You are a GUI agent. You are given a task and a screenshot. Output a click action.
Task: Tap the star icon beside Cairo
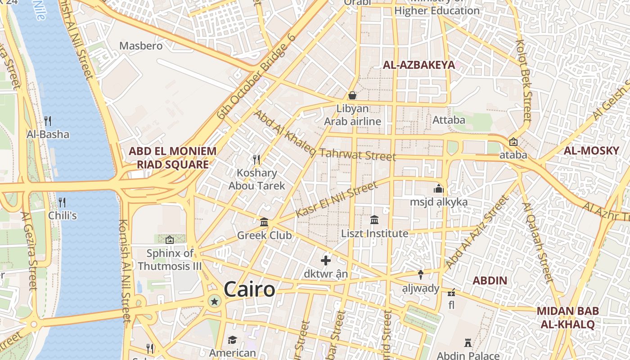(215, 301)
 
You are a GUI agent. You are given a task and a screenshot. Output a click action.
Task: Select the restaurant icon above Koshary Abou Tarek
(256, 159)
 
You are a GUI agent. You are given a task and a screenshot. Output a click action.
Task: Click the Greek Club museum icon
(264, 222)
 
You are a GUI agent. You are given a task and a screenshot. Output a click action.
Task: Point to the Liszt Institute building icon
(374, 220)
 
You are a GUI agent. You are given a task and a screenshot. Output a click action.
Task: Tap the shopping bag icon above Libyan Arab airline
(352, 95)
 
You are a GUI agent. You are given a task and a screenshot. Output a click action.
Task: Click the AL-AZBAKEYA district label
(419, 65)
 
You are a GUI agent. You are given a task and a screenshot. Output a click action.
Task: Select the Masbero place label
(141, 45)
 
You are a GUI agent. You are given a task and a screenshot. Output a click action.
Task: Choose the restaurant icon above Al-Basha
(48, 121)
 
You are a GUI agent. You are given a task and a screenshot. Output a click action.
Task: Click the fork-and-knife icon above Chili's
(62, 202)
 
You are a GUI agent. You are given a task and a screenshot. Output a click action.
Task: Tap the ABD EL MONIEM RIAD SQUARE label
(173, 157)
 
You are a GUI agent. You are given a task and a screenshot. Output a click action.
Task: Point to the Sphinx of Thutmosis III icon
(170, 240)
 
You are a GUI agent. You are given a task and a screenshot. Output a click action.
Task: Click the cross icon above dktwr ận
(326, 261)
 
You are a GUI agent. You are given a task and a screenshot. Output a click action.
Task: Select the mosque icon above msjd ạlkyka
(439, 189)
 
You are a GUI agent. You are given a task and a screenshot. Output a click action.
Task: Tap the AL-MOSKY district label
(591, 151)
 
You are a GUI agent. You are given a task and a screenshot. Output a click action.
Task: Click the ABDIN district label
(490, 281)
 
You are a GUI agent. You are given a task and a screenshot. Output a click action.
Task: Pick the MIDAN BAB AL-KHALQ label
(567, 317)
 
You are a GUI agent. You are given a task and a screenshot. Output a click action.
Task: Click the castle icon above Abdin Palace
(468, 343)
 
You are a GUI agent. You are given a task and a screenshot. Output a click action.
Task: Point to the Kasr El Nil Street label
(337, 199)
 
